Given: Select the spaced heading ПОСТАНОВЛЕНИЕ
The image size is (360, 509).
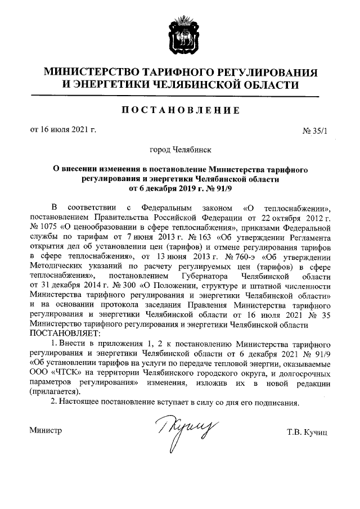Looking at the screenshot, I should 179,111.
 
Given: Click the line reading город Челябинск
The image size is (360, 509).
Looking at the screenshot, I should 179,150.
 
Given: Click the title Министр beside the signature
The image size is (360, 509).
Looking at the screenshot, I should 46,430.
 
